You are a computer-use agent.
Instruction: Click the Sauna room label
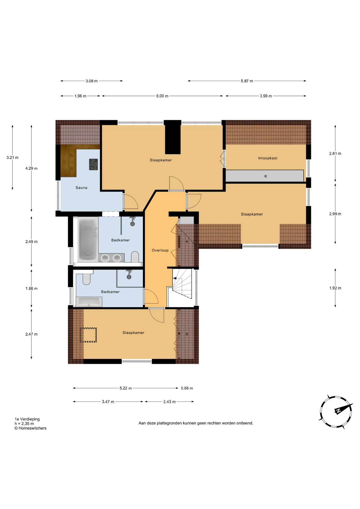81,188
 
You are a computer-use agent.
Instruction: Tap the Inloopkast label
268,158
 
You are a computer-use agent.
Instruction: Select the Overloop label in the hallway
160,250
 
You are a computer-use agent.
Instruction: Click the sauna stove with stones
93,164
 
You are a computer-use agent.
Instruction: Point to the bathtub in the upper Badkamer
88,239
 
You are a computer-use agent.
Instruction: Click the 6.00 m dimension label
162,96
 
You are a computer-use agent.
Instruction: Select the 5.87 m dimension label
247,81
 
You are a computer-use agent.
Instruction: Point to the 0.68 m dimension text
187,388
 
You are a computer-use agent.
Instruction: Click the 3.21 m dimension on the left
12,157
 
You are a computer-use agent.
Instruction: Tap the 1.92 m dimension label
335,288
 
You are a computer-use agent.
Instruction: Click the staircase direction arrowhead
175,278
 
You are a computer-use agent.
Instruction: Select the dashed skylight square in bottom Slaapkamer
88,335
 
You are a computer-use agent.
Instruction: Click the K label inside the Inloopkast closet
266,176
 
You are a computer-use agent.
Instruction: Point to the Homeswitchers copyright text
30,428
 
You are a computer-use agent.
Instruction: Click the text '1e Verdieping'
27,419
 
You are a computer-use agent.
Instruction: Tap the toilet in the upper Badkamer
135,257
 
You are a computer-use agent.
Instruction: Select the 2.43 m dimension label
169,402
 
